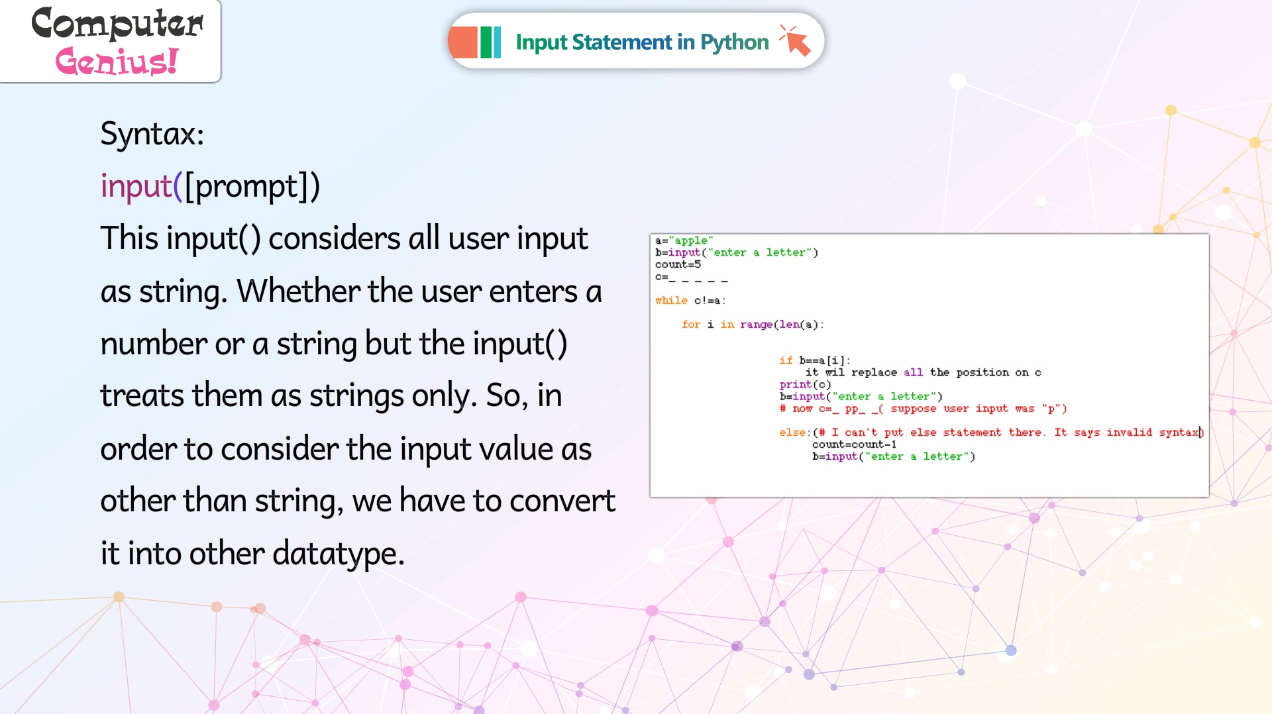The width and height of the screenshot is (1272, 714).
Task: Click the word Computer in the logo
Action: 117,24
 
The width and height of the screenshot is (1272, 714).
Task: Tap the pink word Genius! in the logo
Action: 117,62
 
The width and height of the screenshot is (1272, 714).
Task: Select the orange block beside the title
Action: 463,42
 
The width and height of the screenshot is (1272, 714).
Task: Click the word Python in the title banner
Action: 735,42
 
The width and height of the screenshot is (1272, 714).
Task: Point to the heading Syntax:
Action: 152,134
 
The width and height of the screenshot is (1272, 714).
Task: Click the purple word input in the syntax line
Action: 136,186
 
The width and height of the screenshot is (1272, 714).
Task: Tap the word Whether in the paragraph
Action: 297,291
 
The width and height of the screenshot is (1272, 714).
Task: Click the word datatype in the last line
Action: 335,554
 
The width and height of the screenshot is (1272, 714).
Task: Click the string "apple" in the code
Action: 691,240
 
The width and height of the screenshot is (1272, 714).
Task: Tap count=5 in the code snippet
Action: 678,264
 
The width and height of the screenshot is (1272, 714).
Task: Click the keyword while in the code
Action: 671,300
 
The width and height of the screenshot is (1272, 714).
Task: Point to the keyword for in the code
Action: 690,324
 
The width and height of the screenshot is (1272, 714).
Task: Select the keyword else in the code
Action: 792,432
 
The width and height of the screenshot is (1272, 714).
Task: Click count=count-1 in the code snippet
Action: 854,444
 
